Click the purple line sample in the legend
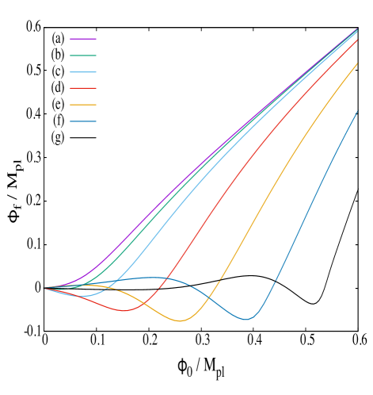click(83, 38)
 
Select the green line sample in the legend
click(83, 56)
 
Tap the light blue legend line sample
click(83, 71)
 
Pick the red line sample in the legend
click(83, 88)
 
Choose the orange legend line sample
click(83, 105)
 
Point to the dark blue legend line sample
click(83, 121)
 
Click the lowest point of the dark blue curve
click(246, 319)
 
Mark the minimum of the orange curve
click(181, 321)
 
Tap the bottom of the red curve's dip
click(124, 311)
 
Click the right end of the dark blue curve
click(357, 111)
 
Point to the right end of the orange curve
click(357, 63)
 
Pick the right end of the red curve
click(357, 40)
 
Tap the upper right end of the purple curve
click(357, 29)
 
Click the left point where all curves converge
click(44, 288)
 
